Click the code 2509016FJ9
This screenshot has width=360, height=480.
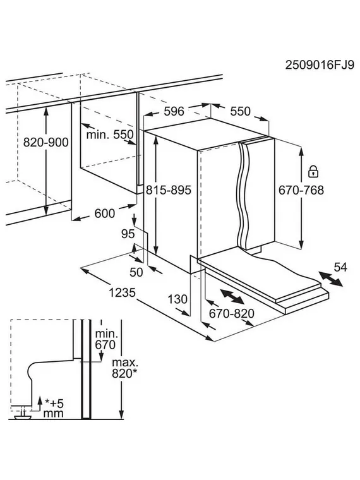320,65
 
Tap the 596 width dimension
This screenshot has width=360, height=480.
174,111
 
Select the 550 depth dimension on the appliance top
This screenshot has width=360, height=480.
240,111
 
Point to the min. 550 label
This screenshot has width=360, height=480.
110,135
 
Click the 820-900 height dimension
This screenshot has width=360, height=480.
46,142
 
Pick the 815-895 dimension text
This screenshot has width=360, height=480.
169,190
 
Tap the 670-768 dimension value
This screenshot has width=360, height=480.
301,190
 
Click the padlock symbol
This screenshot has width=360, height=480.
313,171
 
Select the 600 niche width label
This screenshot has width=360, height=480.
105,213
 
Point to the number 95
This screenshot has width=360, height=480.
128,234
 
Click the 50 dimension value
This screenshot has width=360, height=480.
136,272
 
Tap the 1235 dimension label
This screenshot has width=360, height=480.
123,293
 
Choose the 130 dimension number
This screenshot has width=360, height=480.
177,299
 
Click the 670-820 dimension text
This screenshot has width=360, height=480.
232,313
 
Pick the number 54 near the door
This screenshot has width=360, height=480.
340,267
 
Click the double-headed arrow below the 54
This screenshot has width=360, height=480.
330,279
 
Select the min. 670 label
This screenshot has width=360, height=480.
105,339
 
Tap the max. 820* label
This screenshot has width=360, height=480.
124,368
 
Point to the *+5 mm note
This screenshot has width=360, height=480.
54,409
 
